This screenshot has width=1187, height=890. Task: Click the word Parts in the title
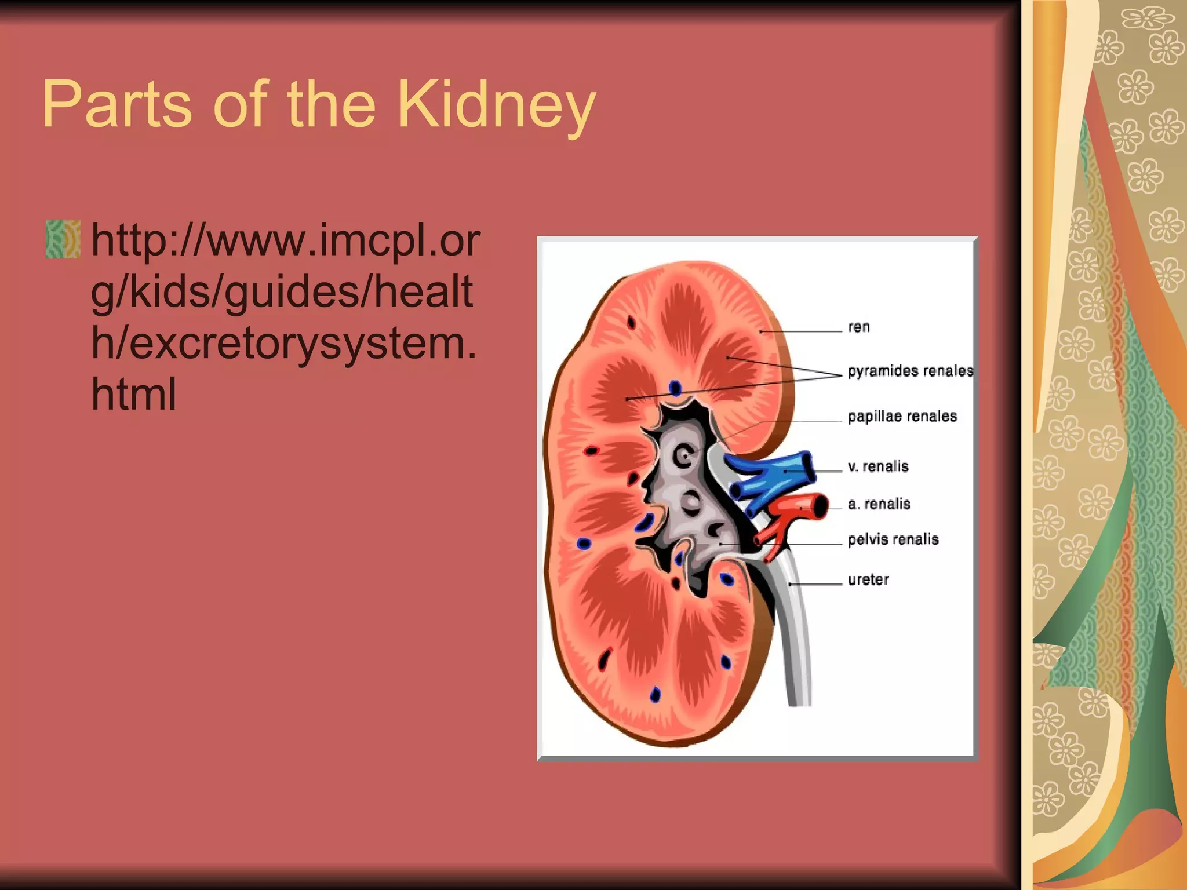pyautogui.click(x=116, y=106)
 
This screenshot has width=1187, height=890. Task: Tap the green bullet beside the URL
pyautogui.click(x=63, y=239)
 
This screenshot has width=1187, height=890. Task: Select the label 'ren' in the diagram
pyautogui.click(x=858, y=327)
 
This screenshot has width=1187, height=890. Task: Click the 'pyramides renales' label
pyautogui.click(x=910, y=371)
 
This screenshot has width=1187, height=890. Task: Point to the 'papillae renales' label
pyautogui.click(x=902, y=416)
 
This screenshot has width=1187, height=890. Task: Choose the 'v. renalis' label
pyautogui.click(x=877, y=466)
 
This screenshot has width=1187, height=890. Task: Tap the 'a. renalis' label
pyautogui.click(x=879, y=504)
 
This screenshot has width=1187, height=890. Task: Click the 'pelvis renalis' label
pyautogui.click(x=893, y=539)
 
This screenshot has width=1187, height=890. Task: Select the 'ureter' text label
pyautogui.click(x=868, y=579)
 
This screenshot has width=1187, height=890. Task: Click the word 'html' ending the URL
pyautogui.click(x=133, y=394)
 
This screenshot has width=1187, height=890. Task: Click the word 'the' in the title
pyautogui.click(x=331, y=106)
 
